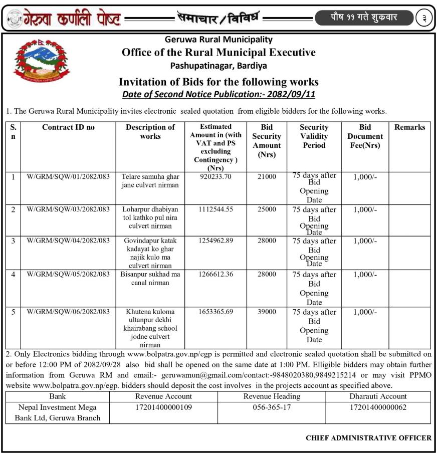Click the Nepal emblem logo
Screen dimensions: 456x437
coord(41,61)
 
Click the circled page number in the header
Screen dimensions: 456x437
coord(424,18)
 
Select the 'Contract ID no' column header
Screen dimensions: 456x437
coord(68,127)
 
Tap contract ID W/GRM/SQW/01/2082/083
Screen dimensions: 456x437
coord(68,176)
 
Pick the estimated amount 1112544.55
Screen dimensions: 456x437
coord(215,209)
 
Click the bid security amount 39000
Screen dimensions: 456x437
coord(267,312)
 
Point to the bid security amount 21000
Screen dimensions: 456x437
coord(267,176)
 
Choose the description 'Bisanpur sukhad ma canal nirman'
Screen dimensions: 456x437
coord(150,279)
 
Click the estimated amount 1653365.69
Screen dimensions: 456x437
coord(215,312)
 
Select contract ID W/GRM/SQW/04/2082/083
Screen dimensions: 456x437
coord(68,241)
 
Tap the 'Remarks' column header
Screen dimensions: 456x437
coord(409,127)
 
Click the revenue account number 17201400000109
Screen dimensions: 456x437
coord(164,407)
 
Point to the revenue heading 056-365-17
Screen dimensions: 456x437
coord(272,407)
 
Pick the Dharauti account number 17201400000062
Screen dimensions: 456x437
coord(378,407)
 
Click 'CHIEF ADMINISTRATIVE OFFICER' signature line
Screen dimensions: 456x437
coord(368,437)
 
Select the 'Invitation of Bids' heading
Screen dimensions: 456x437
coord(218,82)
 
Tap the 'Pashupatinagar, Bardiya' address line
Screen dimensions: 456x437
coord(218,65)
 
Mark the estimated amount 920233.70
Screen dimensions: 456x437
coord(215,176)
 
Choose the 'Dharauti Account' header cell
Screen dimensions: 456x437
coord(378,396)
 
